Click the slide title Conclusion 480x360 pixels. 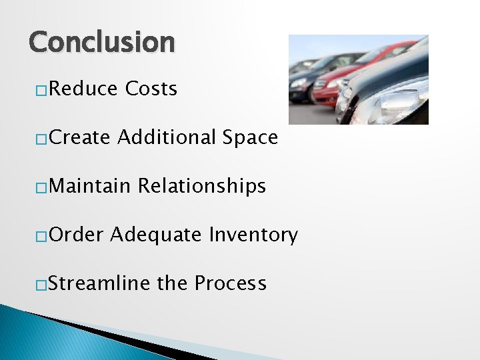tap(101, 42)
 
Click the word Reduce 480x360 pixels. tap(83, 89)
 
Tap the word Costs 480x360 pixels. tap(151, 89)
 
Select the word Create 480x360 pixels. tap(79, 137)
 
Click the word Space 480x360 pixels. tap(251, 137)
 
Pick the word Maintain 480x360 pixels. tap(89, 186)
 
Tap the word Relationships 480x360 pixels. tap(202, 187)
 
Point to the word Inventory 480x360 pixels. tap(253, 235)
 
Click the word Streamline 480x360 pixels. tap(99, 283)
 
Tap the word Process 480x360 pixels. tap(231, 283)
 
